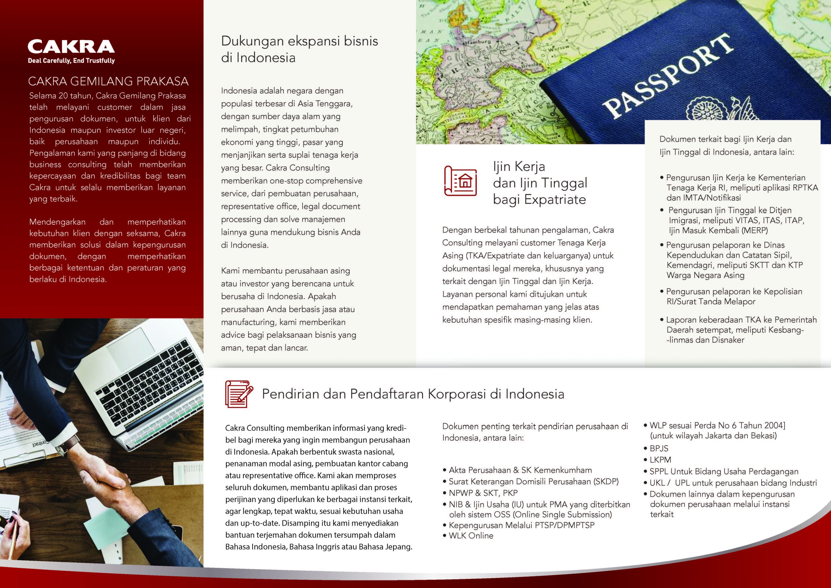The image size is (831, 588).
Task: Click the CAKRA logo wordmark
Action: (x=71, y=47)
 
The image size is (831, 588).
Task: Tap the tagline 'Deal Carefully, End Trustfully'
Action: (x=71, y=60)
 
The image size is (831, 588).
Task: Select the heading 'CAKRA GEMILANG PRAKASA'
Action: (x=108, y=81)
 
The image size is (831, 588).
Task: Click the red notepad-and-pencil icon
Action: (x=239, y=394)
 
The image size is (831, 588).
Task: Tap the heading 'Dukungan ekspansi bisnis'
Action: (x=299, y=41)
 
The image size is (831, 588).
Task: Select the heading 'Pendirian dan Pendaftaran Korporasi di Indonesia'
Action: (x=413, y=394)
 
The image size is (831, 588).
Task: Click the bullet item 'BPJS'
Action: (x=658, y=448)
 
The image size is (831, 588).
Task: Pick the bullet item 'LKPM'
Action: (x=660, y=460)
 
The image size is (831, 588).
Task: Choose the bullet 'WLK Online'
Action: (x=470, y=535)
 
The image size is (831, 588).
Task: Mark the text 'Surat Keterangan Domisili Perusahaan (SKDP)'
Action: (x=533, y=481)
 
